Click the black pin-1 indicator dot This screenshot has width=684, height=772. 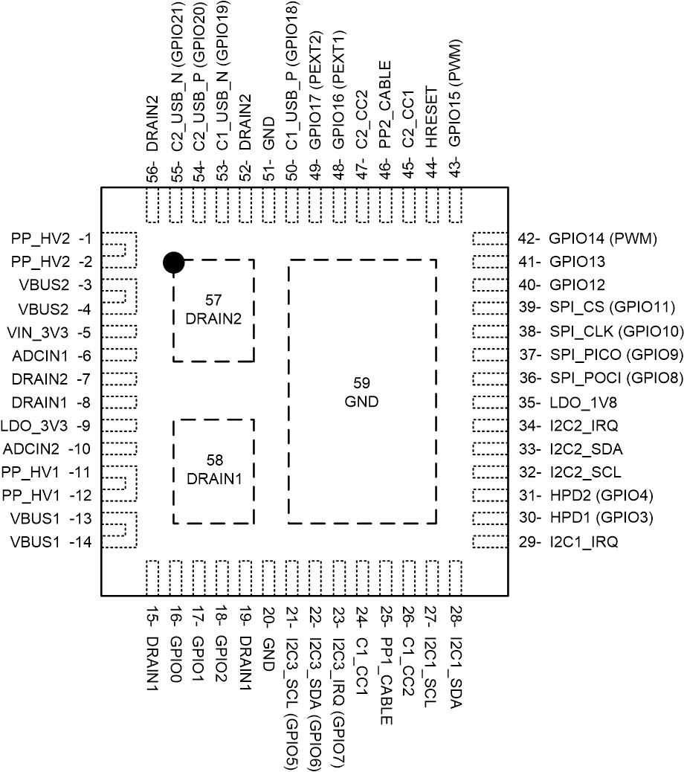point(172,262)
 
